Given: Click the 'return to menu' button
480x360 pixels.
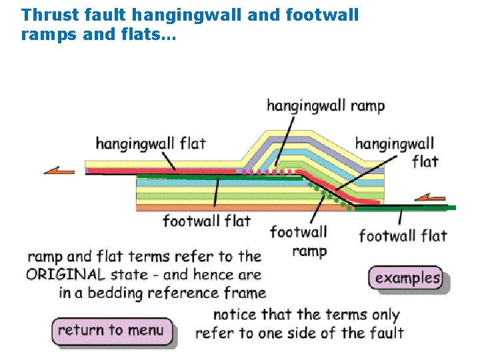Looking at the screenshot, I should coord(111,331).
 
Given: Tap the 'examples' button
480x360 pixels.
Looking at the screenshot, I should coord(407,278).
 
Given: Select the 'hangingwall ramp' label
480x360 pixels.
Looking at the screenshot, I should coord(325,105).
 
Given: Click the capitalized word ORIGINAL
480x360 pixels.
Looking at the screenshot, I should coord(65,274).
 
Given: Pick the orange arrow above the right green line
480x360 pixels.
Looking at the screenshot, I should coord(430,197).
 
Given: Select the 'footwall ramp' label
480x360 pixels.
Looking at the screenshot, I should coord(299,241).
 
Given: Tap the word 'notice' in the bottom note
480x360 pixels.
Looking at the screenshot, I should coord(235,315).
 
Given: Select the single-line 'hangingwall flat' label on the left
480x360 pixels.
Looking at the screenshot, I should coord(151,143).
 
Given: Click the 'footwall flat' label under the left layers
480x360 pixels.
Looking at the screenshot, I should coord(207,221).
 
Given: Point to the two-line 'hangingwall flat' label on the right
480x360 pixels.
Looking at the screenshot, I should coord(395,152).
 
